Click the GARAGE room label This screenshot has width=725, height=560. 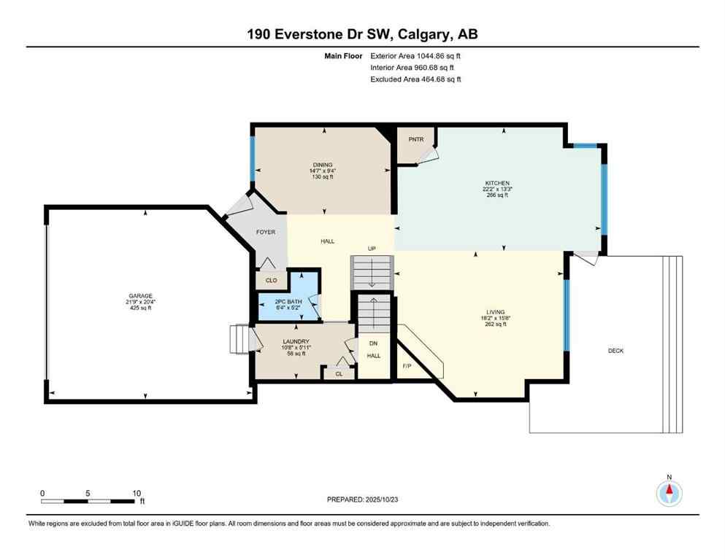(x=142, y=296)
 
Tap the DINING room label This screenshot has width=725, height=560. (x=323, y=165)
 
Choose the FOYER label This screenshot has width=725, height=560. (x=266, y=232)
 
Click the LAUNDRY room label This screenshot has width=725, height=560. (x=296, y=341)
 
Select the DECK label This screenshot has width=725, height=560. (x=615, y=351)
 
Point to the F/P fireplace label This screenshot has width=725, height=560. (x=407, y=366)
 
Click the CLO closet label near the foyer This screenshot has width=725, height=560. (x=271, y=279)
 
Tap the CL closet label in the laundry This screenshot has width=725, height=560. (x=339, y=373)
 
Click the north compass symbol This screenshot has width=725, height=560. (x=669, y=492)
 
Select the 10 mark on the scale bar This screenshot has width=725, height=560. (x=137, y=494)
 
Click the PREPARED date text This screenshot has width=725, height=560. (x=362, y=499)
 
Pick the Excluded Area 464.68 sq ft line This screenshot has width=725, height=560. (x=415, y=79)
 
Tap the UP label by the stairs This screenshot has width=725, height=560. (x=372, y=249)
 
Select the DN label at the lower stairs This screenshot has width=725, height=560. (x=373, y=344)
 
